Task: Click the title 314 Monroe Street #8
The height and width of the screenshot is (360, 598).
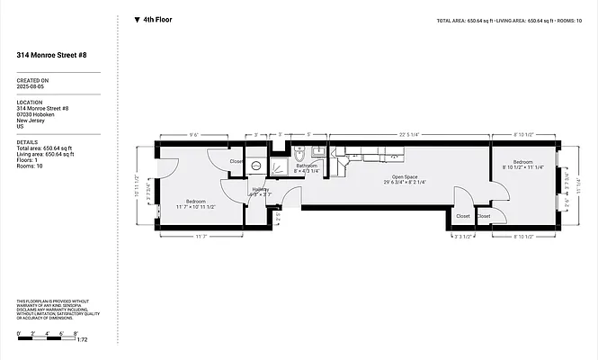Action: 52,55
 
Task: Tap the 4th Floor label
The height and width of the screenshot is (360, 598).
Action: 158,19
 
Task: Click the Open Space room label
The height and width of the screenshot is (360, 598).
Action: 404,177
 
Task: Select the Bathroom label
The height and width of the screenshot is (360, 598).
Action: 308,166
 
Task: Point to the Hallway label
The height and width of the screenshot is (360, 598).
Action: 260,189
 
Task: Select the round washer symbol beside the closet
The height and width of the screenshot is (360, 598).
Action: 255,166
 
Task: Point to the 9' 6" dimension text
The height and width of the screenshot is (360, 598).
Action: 192,134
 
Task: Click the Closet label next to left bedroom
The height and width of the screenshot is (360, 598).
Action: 237,162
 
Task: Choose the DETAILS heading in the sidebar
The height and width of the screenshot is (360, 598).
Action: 27,141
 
